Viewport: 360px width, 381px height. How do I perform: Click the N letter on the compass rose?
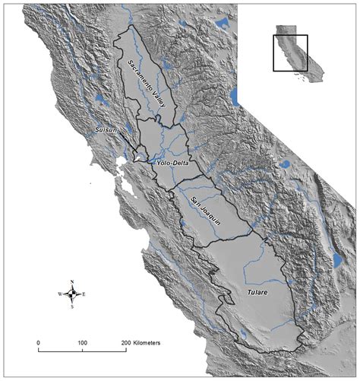(72, 282)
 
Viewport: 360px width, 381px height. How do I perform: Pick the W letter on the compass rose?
(59, 294)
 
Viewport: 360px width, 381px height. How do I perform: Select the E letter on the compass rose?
(84, 294)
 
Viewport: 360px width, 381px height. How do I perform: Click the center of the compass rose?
(72, 294)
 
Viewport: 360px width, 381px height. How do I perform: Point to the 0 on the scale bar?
(39, 344)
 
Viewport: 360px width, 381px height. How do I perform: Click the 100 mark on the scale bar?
(82, 344)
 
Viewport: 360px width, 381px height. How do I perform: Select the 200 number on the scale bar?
(125, 344)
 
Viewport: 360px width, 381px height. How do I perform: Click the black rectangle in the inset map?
(290, 53)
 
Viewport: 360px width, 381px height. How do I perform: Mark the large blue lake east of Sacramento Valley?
(234, 97)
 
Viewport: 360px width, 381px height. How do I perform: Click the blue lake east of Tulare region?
(336, 259)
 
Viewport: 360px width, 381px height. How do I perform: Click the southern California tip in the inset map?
(313, 76)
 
